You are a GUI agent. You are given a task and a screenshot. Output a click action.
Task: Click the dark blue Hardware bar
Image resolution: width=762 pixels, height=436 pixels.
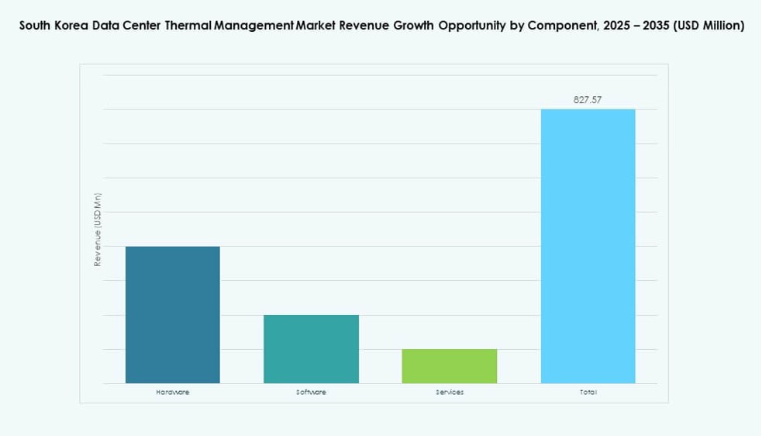point(172,315)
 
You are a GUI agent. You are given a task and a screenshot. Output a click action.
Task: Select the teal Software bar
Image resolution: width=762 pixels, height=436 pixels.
point(311,349)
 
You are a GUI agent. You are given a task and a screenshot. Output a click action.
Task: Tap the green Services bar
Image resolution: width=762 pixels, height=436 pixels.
point(449,366)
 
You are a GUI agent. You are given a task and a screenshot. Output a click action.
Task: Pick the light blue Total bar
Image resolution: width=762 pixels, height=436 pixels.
point(588,246)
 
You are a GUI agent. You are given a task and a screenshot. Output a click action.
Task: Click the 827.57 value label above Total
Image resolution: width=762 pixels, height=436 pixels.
point(588,99)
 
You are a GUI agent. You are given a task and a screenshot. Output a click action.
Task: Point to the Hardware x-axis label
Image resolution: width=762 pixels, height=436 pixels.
point(172,393)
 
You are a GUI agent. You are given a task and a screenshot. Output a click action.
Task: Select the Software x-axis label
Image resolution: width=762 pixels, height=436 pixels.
point(311,393)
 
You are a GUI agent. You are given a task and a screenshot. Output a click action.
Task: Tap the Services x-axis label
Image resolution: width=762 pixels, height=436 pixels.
point(449,393)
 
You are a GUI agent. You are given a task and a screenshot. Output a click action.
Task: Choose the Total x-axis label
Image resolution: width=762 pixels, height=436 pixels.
point(588,393)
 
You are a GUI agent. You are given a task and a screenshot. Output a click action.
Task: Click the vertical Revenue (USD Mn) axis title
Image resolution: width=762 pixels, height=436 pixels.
point(98,230)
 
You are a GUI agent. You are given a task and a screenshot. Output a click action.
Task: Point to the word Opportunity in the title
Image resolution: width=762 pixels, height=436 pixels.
point(471,26)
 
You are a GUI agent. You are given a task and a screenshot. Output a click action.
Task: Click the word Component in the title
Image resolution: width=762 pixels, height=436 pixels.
point(560,26)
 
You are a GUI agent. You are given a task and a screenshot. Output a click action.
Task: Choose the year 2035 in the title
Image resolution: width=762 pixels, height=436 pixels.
point(656,26)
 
